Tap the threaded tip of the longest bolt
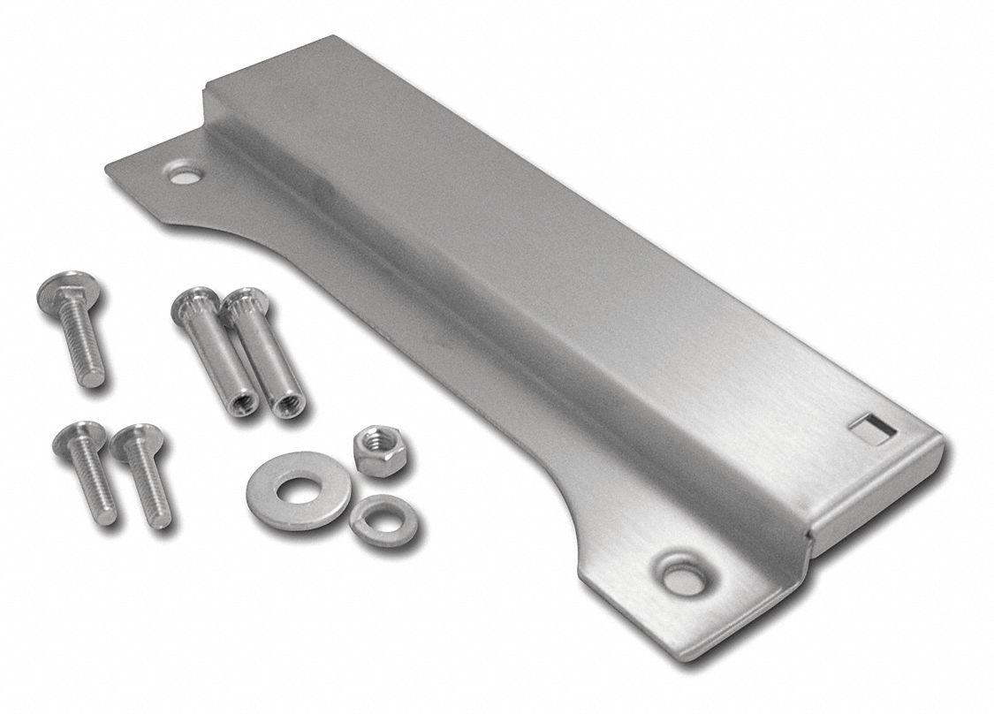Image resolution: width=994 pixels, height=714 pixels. [93, 376]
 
